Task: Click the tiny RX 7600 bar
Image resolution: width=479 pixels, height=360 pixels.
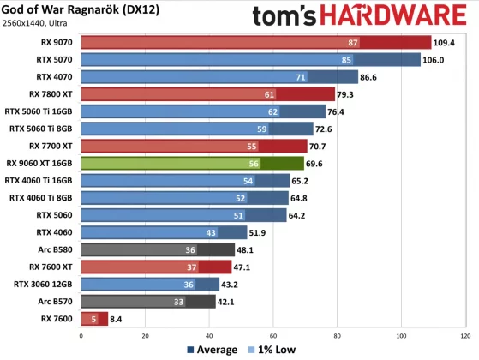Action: (x=93, y=319)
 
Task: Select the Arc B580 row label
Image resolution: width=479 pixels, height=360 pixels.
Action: (x=54, y=249)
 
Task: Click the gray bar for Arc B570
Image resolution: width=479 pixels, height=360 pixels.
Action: (x=147, y=302)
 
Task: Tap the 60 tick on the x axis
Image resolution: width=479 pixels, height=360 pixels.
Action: (x=273, y=335)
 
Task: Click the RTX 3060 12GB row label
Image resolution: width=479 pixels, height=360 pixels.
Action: (x=43, y=285)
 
